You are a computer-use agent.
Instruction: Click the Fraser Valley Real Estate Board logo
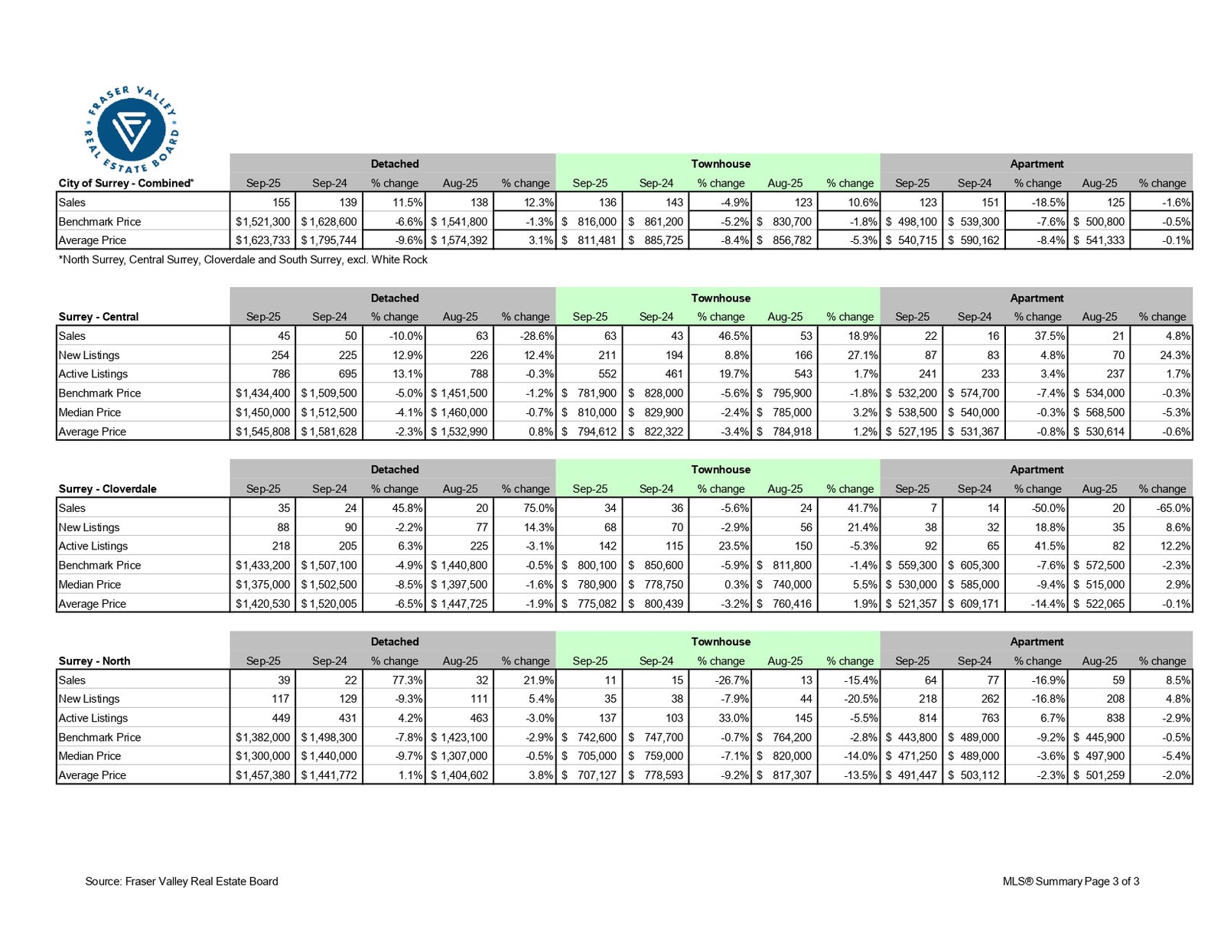click(132, 129)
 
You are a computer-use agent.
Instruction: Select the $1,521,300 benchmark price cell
click(262, 221)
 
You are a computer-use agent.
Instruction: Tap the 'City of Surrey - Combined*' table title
click(126, 183)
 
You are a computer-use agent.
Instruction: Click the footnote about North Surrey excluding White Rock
click(243, 259)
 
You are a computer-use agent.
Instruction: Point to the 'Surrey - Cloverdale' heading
click(107, 488)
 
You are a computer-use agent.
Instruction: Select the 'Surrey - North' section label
click(94, 661)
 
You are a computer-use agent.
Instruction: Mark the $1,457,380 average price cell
click(262, 775)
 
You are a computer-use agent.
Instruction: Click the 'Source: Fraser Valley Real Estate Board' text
click(181, 881)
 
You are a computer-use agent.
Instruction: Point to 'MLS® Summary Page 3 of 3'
click(1070, 881)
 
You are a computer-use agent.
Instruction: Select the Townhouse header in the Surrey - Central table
click(720, 298)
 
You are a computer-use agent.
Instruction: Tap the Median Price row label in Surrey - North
click(90, 755)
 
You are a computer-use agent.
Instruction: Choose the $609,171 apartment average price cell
click(975, 603)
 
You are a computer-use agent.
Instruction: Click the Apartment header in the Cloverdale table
click(1036, 469)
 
